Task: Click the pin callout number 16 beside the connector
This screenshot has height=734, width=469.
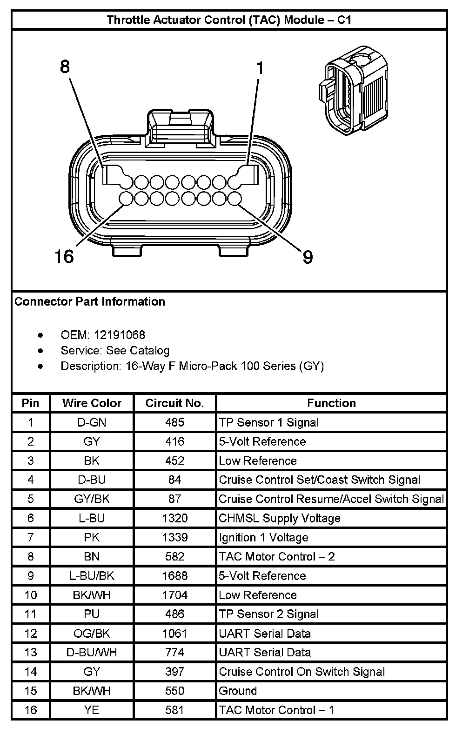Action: click(64, 256)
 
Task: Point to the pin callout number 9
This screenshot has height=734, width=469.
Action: click(308, 257)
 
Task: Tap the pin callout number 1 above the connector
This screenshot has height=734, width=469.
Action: click(260, 68)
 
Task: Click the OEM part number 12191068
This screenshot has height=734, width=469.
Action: click(120, 335)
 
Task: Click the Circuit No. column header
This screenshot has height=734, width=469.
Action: click(174, 403)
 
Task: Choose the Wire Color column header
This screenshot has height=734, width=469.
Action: click(92, 403)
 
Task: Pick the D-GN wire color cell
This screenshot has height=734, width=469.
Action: click(92, 422)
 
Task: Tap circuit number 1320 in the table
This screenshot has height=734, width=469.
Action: click(174, 518)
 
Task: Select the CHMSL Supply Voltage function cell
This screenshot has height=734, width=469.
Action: click(280, 518)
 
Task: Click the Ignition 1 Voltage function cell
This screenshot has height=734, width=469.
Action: click(264, 537)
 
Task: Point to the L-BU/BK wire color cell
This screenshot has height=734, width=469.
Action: click(92, 576)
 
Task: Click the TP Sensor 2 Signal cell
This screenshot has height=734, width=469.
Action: click(269, 614)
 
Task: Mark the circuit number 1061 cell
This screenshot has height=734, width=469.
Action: click(174, 633)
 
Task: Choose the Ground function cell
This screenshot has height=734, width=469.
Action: click(238, 691)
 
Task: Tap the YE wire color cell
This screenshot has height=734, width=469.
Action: click(92, 710)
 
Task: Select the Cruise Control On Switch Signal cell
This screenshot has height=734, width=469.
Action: click(302, 672)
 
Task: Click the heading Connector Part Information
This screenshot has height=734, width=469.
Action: click(90, 301)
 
